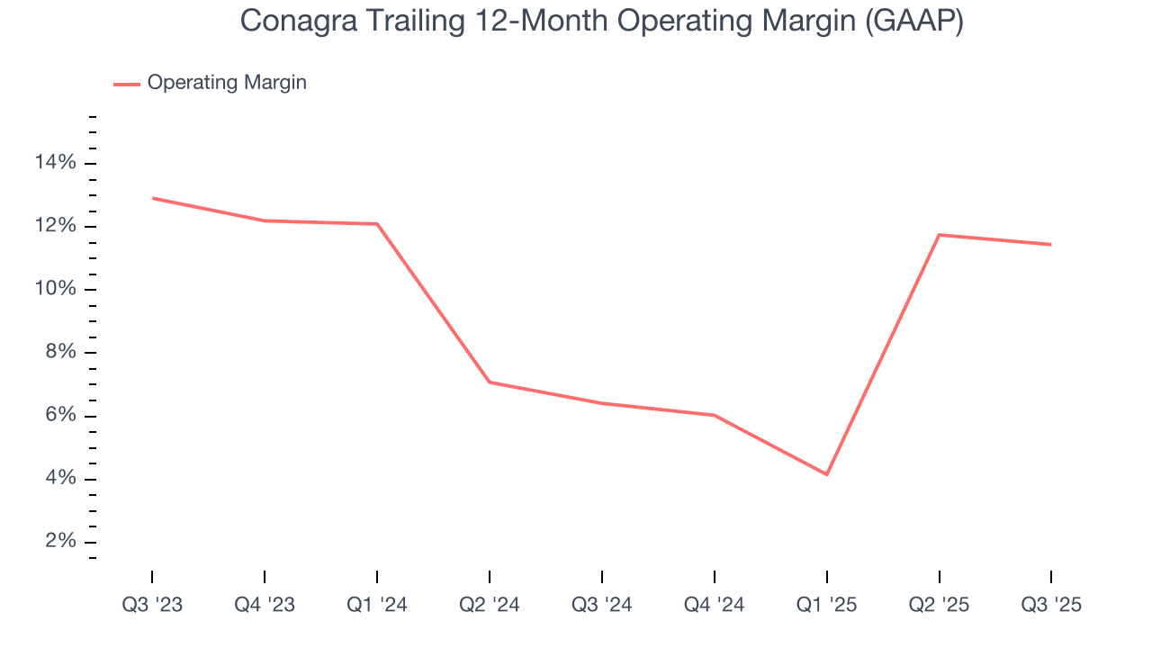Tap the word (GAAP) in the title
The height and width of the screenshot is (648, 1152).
913,22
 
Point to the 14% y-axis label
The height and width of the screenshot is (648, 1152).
56,163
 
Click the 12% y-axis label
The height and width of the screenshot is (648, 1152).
56,226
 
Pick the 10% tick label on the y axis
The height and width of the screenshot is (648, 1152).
56,289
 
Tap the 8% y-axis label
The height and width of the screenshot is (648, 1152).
60,353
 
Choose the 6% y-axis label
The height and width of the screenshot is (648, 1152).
60,416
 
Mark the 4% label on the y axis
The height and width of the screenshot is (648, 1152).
60,479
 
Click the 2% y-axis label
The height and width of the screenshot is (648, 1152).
60,542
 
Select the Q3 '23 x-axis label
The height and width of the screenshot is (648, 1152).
152,605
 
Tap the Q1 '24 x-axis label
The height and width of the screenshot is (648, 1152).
377,605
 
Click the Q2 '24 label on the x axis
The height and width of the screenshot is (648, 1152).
490,605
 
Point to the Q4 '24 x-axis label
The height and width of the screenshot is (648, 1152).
715,605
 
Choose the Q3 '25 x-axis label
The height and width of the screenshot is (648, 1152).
1051,605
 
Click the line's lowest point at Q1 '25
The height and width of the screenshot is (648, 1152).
826,474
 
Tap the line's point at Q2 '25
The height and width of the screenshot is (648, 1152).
939,235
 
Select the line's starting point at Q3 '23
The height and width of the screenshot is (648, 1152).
152,198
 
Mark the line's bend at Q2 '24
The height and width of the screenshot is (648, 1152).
490,382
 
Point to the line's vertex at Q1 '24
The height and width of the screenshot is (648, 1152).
377,224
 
